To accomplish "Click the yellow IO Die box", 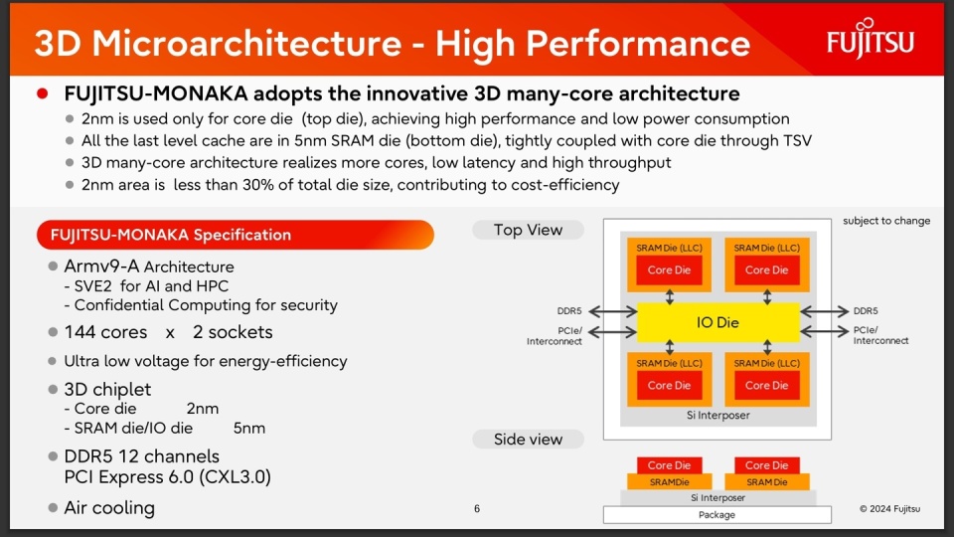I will point(716,322).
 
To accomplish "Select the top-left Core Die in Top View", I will point(669,270).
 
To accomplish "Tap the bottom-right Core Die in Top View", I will point(765,385).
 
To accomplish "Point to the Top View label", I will point(528,230).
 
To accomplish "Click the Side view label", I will point(528,439).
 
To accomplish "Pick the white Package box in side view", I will point(716,514).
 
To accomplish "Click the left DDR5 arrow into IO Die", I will point(612,311).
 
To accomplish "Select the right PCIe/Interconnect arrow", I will point(823,330).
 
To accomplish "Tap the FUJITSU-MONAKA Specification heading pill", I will point(235,236).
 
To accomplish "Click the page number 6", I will point(477,509).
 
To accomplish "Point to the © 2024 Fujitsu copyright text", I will point(889,509).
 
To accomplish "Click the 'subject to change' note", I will point(886,221).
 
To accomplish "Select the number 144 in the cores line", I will point(80,332).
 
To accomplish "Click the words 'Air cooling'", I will point(109,508).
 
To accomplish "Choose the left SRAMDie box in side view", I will point(669,482).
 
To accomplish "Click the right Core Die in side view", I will point(765,465).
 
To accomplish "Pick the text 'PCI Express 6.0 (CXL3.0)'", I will point(167,477).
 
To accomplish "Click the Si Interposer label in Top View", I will point(716,415).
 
